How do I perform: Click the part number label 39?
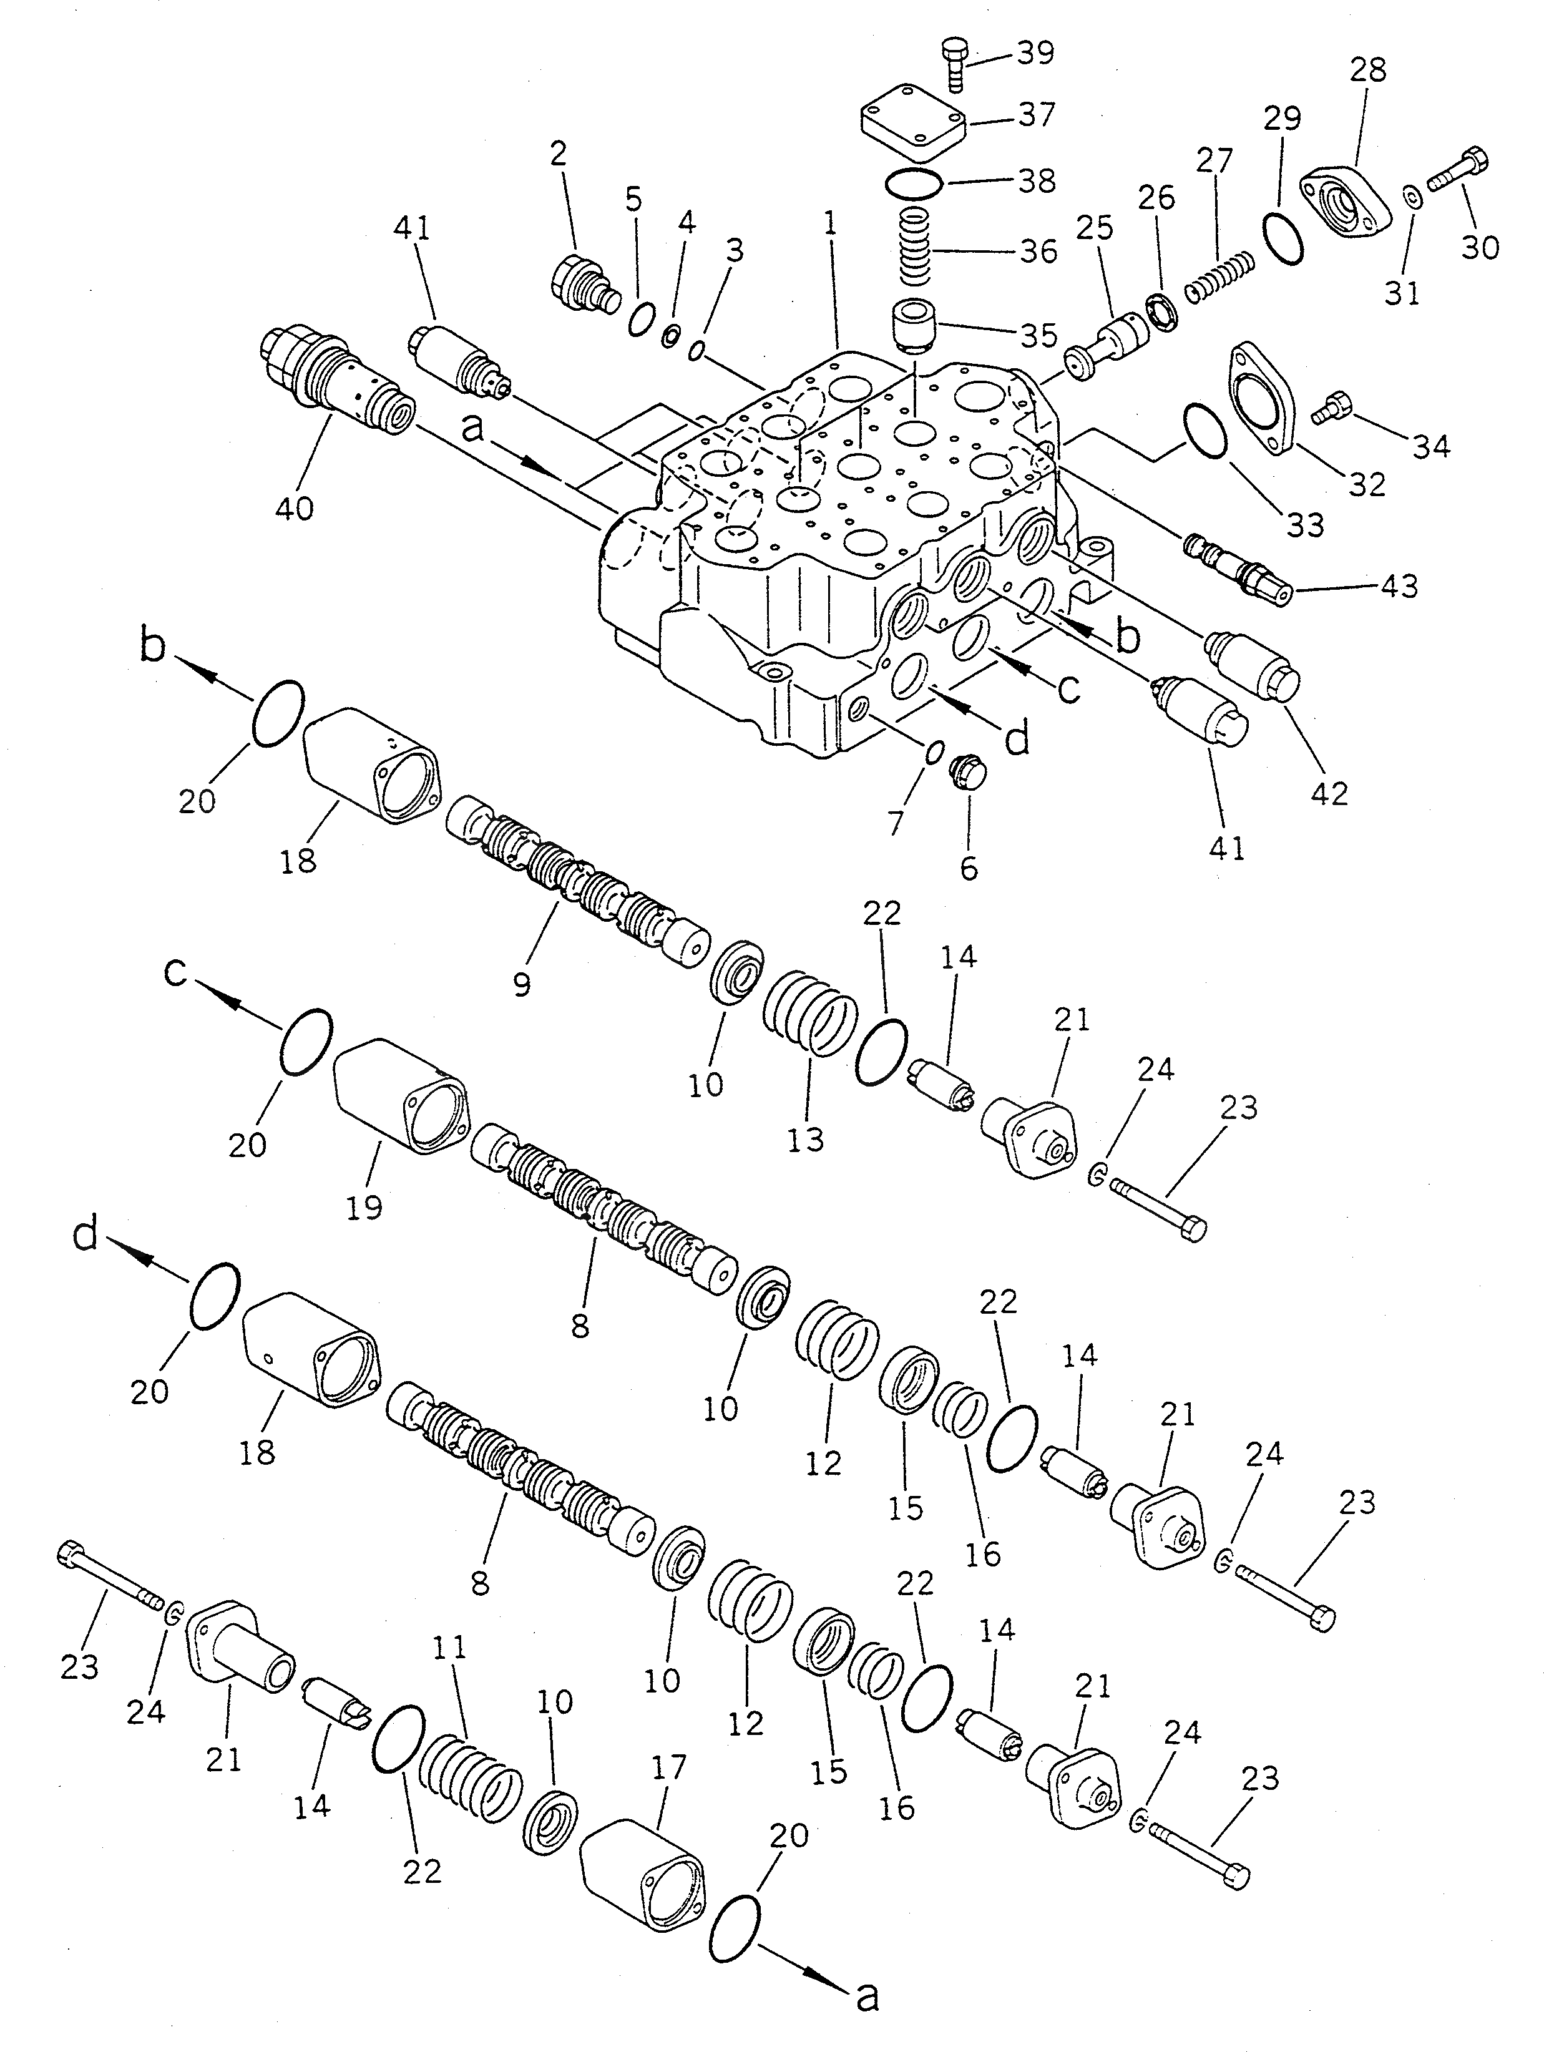click(1035, 54)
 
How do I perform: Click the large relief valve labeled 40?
click(334, 386)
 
